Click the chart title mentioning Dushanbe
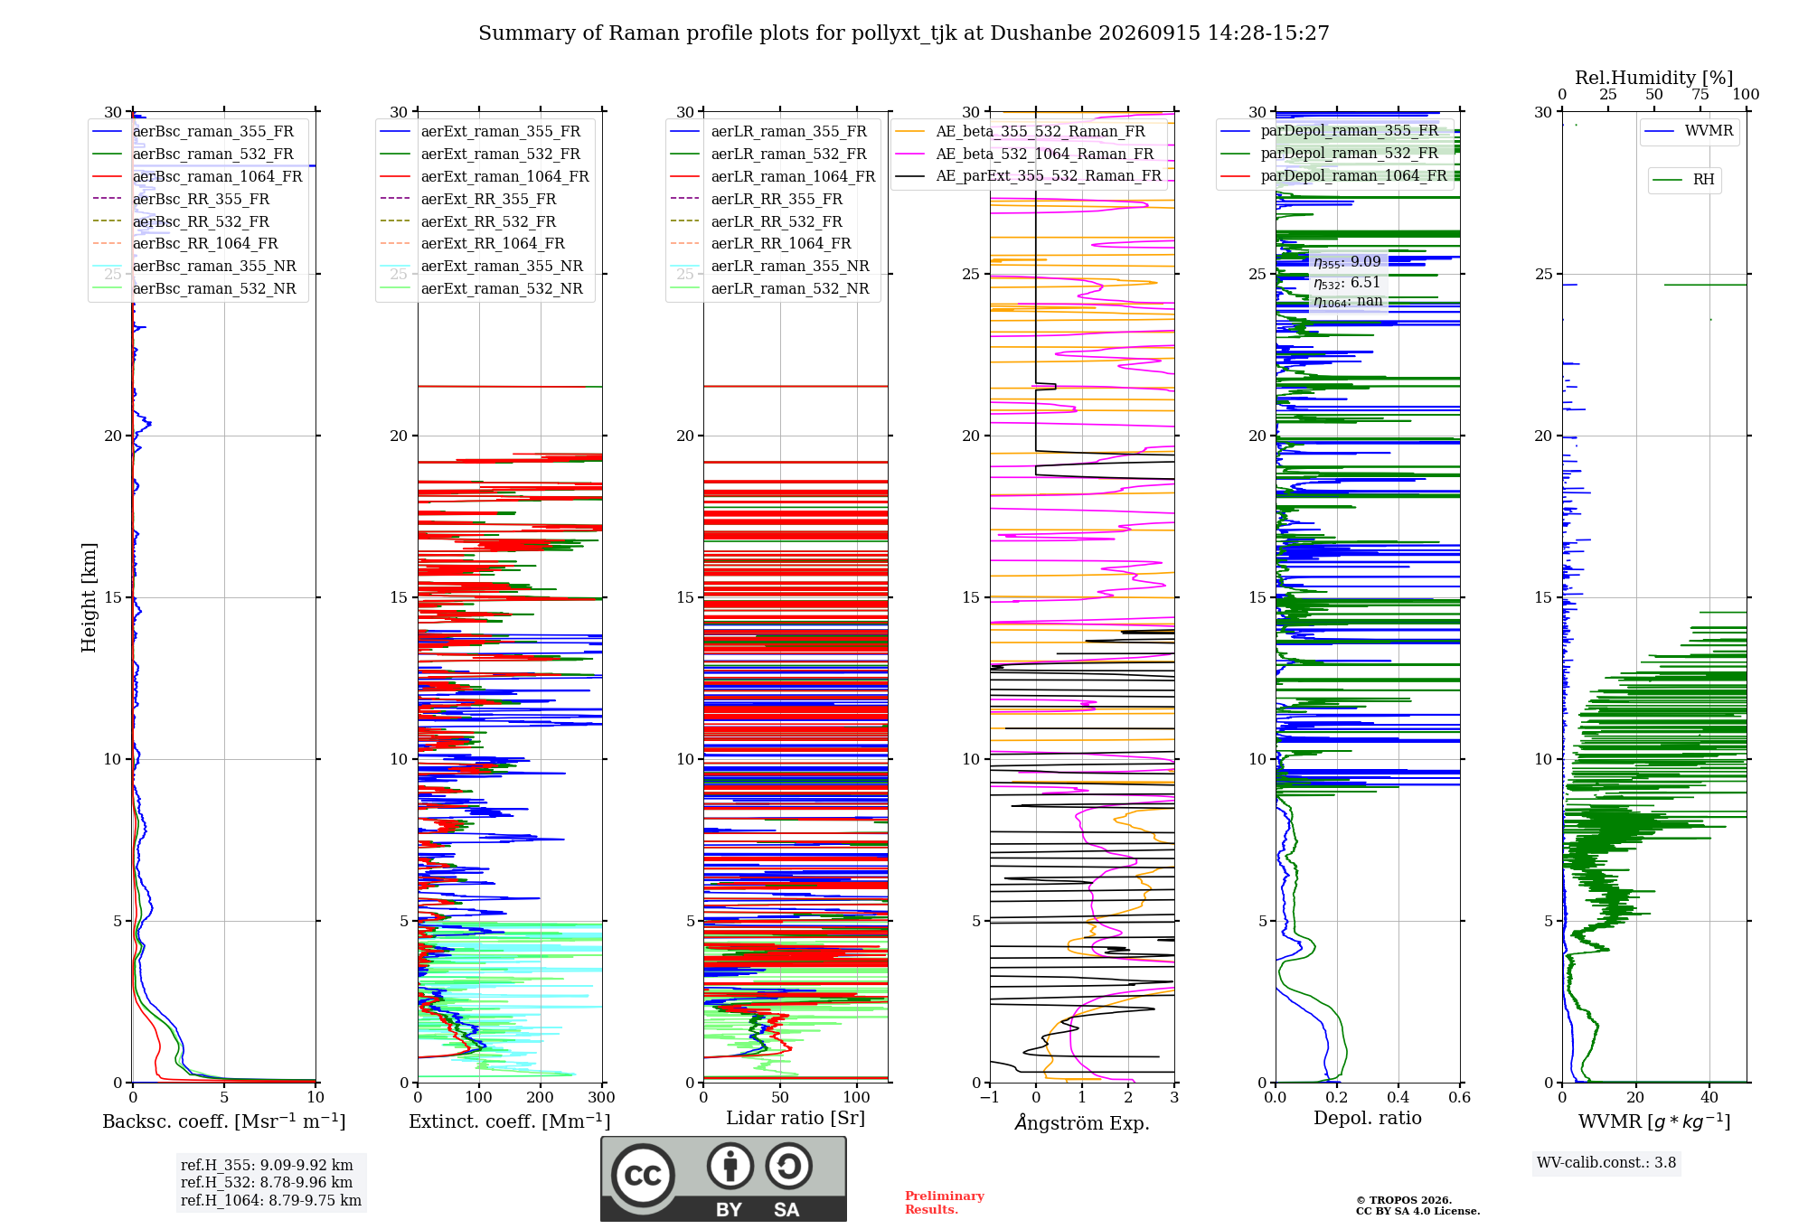[904, 33]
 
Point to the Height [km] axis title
[89, 597]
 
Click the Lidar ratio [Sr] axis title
[796, 1118]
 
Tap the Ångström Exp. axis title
[1082, 1122]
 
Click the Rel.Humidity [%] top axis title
[1654, 78]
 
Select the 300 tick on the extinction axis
[601, 1098]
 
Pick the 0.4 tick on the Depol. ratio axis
[1398, 1098]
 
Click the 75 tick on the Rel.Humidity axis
[1700, 95]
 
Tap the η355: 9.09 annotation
[1347, 262]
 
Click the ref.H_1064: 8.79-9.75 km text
[271, 1201]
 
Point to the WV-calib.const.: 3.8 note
[1606, 1163]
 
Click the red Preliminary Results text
[945, 1203]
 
